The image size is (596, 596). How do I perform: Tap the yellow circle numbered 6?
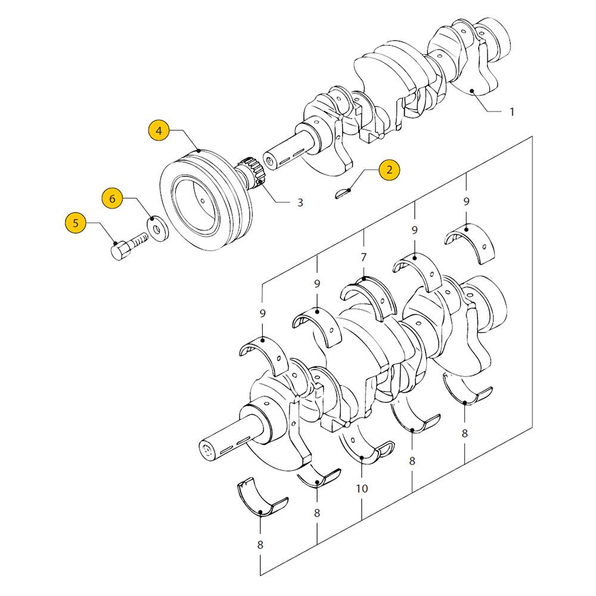pyautogui.click(x=112, y=198)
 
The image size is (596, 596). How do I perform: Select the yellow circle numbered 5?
pyautogui.click(x=75, y=223)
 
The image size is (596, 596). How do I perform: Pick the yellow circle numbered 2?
pyautogui.click(x=389, y=170)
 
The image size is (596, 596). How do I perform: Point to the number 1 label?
pyautogui.click(x=511, y=111)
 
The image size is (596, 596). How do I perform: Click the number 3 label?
pyautogui.click(x=300, y=203)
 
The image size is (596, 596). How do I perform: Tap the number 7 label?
pyautogui.click(x=364, y=257)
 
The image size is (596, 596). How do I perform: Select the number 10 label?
pyautogui.click(x=362, y=489)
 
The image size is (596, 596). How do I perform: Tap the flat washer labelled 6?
pyautogui.click(x=157, y=229)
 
